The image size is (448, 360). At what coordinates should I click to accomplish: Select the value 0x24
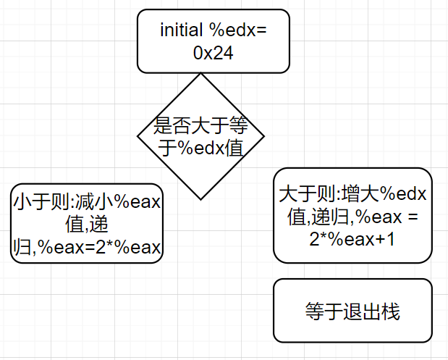pyautogui.click(x=214, y=54)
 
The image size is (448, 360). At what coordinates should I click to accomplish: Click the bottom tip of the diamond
pyautogui.click(x=201, y=198)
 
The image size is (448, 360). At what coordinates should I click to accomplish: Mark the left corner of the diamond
pyautogui.click(x=138, y=135)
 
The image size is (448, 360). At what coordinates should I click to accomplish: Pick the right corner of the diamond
pyautogui.click(x=264, y=135)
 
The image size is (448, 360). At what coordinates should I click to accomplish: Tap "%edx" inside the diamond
pyautogui.click(x=208, y=148)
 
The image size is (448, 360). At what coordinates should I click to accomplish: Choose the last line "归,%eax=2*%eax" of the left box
pyautogui.click(x=87, y=248)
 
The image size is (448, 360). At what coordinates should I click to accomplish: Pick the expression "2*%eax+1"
pyautogui.click(x=352, y=239)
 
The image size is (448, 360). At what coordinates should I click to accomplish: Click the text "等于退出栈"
pyautogui.click(x=352, y=312)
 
